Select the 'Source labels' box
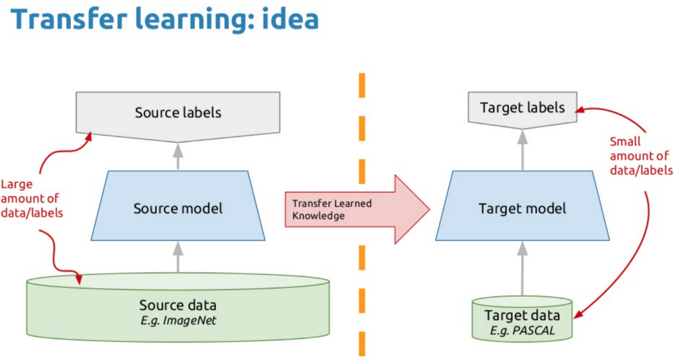click(178, 115)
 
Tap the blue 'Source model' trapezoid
click(178, 208)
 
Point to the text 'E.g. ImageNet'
click(178, 320)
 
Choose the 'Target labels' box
click(522, 108)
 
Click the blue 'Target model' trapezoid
click(522, 208)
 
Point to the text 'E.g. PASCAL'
click(522, 330)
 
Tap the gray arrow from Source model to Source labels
click(178, 156)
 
